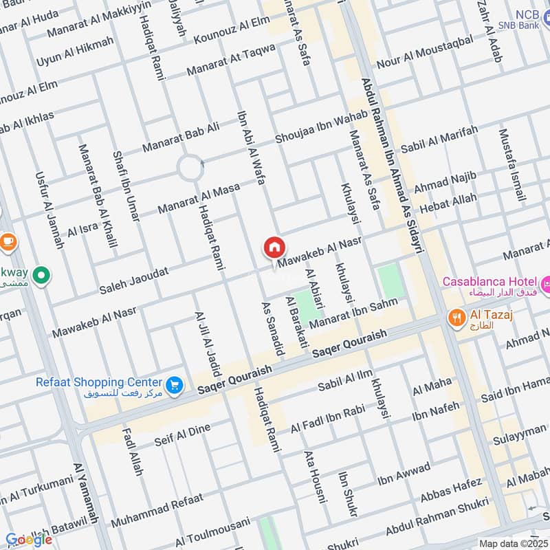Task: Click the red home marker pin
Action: [x=274, y=247]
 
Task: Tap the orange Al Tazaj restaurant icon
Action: [x=455, y=318]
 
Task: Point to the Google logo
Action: [x=29, y=539]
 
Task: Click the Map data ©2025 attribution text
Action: [x=512, y=544]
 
